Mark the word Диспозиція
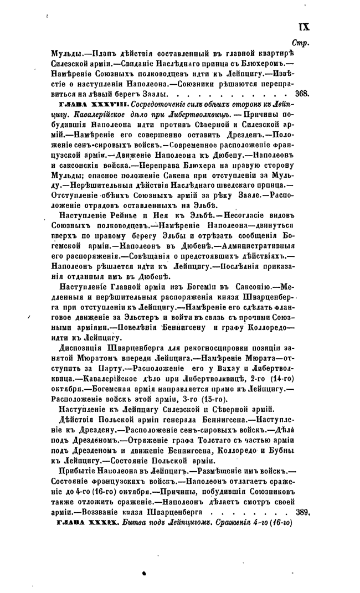(x=82, y=349)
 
